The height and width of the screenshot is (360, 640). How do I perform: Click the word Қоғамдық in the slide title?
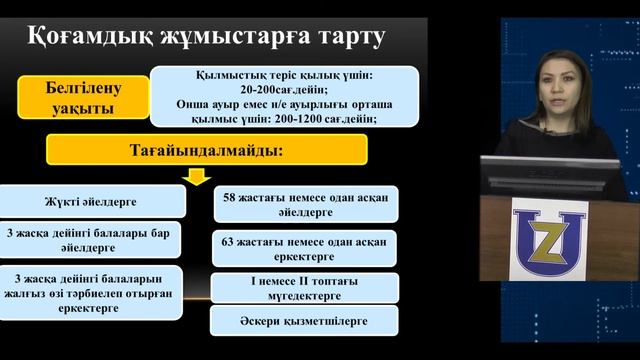pos(75,39)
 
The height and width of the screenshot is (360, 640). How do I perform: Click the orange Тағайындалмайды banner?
pos(208,149)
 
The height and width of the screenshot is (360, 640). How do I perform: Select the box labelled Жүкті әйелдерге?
pos(93,201)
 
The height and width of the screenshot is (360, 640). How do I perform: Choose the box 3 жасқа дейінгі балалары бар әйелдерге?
pos(93,240)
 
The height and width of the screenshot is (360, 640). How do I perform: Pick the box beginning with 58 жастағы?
pos(305,203)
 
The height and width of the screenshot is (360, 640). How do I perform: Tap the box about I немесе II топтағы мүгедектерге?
pos(305,288)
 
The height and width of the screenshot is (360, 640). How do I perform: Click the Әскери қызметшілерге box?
pos(305,320)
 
